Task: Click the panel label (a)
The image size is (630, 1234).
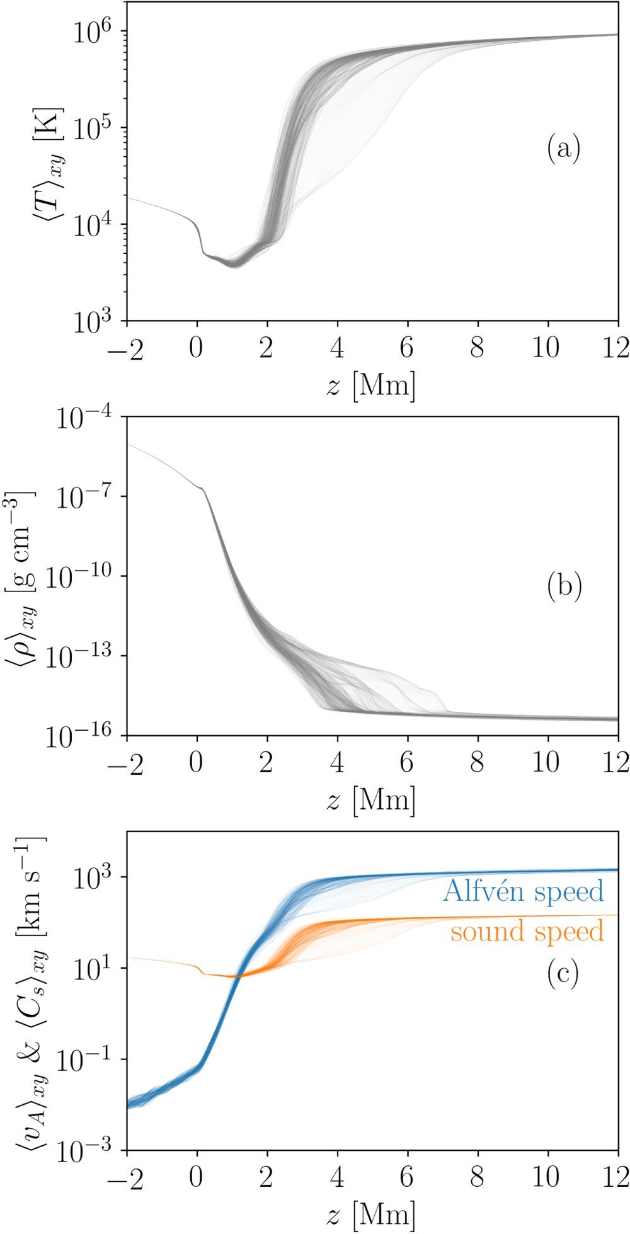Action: [563, 149]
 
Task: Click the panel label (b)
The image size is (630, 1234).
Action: [564, 586]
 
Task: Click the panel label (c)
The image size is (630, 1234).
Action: [563, 974]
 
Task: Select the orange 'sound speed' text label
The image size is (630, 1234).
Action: [527, 932]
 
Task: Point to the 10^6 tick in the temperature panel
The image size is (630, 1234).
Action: [92, 31]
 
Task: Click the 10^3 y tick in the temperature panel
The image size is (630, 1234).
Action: [92, 322]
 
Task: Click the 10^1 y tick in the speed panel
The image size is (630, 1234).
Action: [92, 969]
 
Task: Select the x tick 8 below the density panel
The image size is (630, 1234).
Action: [477, 763]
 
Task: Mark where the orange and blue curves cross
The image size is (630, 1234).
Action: [236, 976]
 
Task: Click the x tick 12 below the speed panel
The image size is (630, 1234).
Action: [615, 1177]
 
